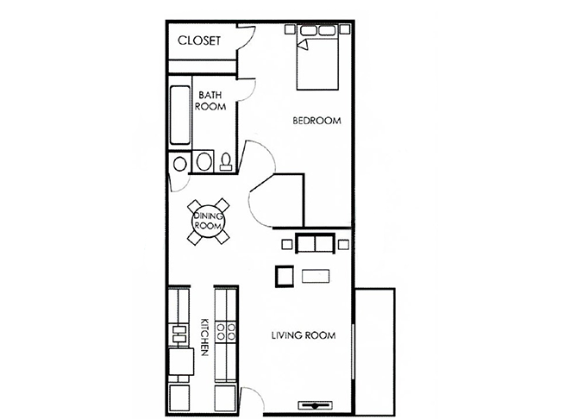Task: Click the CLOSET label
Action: coord(199,40)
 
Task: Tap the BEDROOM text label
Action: coord(316,121)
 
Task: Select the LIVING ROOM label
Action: coord(304,335)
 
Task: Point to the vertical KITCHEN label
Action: coord(204,337)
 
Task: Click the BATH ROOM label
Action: coord(210,101)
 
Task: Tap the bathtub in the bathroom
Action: coord(180,116)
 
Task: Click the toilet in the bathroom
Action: coord(226,162)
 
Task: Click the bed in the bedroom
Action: coord(317,57)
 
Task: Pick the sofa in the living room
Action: coord(315,244)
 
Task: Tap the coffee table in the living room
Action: coord(316,276)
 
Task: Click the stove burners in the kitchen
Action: coord(226,332)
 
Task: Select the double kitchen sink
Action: coord(179,335)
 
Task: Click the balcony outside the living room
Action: coord(375,352)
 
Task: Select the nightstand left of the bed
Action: coord(290,29)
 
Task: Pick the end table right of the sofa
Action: coord(343,244)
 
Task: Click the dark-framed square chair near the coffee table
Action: coord(284,276)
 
